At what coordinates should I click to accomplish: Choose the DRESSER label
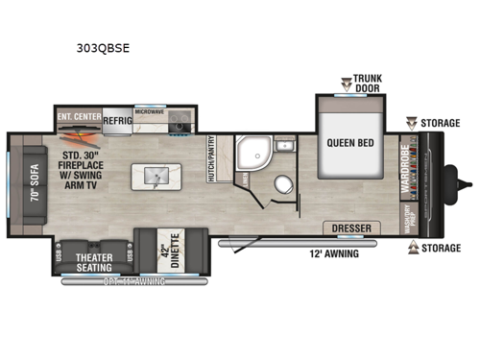click(x=351, y=229)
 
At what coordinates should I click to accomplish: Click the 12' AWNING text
click(x=332, y=252)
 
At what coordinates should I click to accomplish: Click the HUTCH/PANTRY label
click(x=224, y=156)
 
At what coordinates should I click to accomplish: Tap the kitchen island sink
click(x=158, y=177)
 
